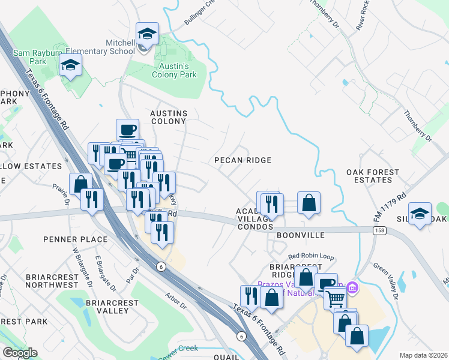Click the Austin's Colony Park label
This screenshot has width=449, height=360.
tap(174, 71)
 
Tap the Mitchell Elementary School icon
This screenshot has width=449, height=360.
tap(146, 35)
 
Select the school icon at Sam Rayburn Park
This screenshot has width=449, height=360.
tap(70, 65)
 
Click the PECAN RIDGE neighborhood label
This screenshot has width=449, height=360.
tap(244, 160)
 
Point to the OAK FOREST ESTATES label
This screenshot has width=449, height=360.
tap(373, 176)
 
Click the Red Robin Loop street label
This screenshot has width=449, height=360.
tap(310, 257)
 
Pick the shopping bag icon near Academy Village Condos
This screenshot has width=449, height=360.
tap(309, 203)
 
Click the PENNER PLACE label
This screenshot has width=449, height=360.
tap(75, 239)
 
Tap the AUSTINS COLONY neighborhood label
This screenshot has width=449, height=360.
tap(169, 117)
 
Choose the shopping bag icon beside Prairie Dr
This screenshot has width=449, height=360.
tap(80, 184)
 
